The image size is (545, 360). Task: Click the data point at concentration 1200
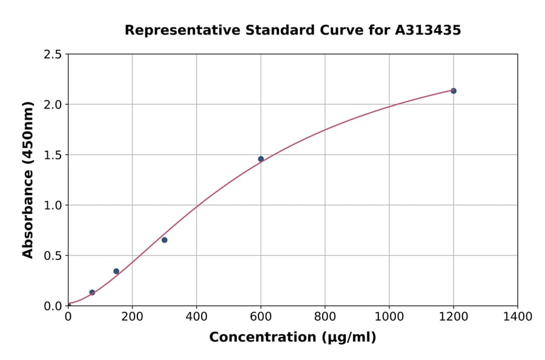[x=454, y=91]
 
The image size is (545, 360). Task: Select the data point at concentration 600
[x=261, y=159]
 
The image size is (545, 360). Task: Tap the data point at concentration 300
[x=165, y=240]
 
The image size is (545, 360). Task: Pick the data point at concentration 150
[x=116, y=272]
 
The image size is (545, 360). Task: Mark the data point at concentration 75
[x=92, y=293]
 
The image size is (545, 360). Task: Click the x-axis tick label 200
[x=132, y=317]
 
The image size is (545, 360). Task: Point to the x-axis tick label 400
[x=196, y=317]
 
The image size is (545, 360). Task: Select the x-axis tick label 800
[x=325, y=317]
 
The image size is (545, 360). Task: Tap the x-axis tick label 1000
[x=389, y=317]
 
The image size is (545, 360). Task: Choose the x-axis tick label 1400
[x=518, y=317]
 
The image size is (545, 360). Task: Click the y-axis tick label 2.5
[x=53, y=55]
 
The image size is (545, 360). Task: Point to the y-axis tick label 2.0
[x=53, y=105]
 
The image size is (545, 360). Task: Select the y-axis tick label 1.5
[x=53, y=155]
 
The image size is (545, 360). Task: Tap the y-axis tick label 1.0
[x=53, y=205]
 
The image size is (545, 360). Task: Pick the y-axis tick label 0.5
[x=53, y=256]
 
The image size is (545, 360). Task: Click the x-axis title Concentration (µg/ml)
[x=292, y=338]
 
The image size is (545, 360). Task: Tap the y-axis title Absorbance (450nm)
[x=28, y=180]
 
